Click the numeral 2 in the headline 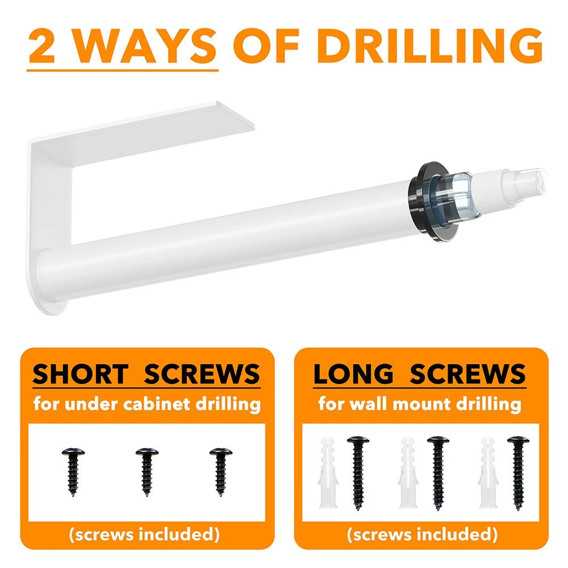[42, 46]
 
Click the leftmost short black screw [73, 471]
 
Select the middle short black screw [147, 471]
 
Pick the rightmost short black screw [221, 471]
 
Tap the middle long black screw [438, 473]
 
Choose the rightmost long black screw [518, 473]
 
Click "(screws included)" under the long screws [421, 534]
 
